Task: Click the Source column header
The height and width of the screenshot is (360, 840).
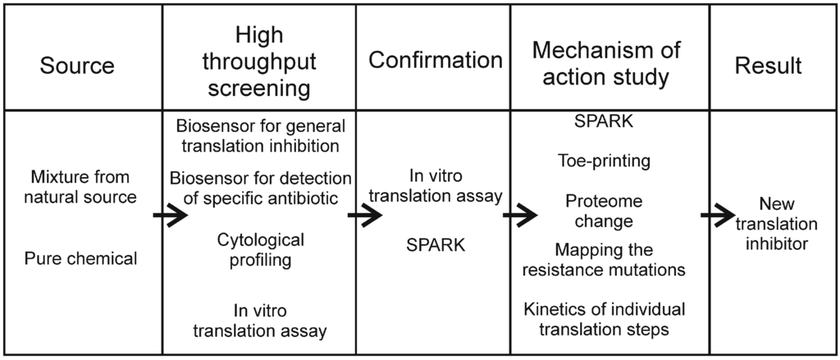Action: tap(78, 66)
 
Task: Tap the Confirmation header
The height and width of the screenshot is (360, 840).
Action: tap(435, 60)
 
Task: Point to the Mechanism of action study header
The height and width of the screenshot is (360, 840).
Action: tap(606, 64)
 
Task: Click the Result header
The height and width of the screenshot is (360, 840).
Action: tap(768, 66)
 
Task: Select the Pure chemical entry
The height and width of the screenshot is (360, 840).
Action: tap(80, 259)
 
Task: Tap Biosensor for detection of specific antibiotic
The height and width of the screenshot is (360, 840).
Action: tap(260, 189)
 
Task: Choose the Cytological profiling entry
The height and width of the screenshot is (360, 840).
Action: tap(260, 250)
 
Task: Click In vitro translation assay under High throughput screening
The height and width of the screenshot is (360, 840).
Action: tap(260, 321)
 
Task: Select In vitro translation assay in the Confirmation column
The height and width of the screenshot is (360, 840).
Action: tap(436, 185)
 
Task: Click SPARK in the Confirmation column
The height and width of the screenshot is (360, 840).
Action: tap(436, 245)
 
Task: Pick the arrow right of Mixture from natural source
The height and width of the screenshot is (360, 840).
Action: tap(170, 216)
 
